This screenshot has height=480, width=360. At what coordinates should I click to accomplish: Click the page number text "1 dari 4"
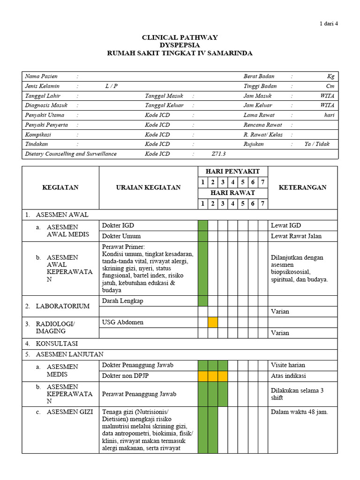pyautogui.click(x=328, y=24)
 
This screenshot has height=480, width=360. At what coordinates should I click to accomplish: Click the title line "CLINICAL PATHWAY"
pyautogui.click(x=180, y=37)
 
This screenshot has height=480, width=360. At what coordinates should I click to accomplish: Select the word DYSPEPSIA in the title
pyautogui.click(x=180, y=45)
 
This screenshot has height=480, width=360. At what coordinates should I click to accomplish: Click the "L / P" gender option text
pyautogui.click(x=112, y=86)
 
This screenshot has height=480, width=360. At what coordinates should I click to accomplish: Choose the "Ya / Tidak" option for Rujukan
pyautogui.click(x=317, y=144)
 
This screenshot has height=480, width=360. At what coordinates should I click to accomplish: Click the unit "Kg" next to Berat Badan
pyautogui.click(x=331, y=76)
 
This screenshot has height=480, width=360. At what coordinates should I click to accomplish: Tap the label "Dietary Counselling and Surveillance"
pyautogui.click(x=71, y=154)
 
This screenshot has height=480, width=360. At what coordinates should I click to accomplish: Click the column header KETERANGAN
pyautogui.click(x=302, y=187)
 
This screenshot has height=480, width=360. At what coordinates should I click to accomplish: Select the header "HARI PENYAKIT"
pyautogui.click(x=232, y=171)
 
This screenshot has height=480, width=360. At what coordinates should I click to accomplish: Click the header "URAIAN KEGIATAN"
pyautogui.click(x=148, y=187)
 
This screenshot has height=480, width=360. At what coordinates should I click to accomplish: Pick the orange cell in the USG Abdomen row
pyautogui.click(x=213, y=322)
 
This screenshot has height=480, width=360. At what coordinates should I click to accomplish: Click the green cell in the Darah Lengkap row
pyautogui.click(x=202, y=300)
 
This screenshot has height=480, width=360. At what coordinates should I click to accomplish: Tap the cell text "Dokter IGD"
pyautogui.click(x=118, y=225)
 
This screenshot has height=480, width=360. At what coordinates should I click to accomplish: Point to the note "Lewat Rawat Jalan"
pyautogui.click(x=296, y=236)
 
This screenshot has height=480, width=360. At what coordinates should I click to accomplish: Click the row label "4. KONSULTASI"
pyautogui.click(x=58, y=344)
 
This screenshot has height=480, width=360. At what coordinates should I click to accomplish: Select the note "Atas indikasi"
pyautogui.click(x=288, y=376)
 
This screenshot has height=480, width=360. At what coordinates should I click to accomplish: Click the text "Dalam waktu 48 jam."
pyautogui.click(x=300, y=412)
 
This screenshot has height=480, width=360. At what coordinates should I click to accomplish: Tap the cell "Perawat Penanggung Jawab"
pyautogui.click(x=139, y=394)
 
